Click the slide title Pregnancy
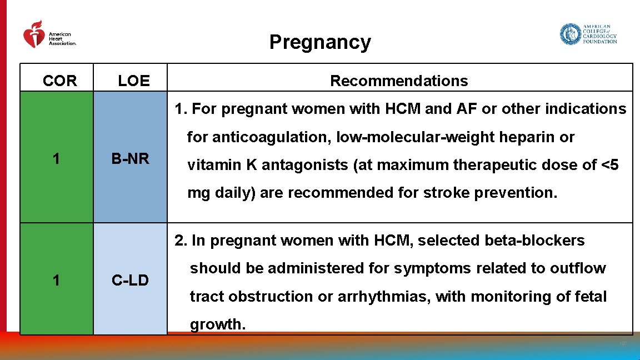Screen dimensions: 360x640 pos(320,42)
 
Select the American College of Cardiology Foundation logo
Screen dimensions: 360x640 pos(588,34)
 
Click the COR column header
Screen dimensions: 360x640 pos(59,81)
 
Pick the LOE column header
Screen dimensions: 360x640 pos(134,81)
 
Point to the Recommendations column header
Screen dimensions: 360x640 pos(399,81)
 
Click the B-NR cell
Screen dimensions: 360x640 pos(130,159)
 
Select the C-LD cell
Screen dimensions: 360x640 pos(130,281)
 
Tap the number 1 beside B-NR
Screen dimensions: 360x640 pos(56,159)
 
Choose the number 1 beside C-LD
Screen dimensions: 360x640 pos(56,281)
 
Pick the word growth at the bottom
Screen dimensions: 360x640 pos(217,324)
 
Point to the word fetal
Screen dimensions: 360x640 pos(589,297)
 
